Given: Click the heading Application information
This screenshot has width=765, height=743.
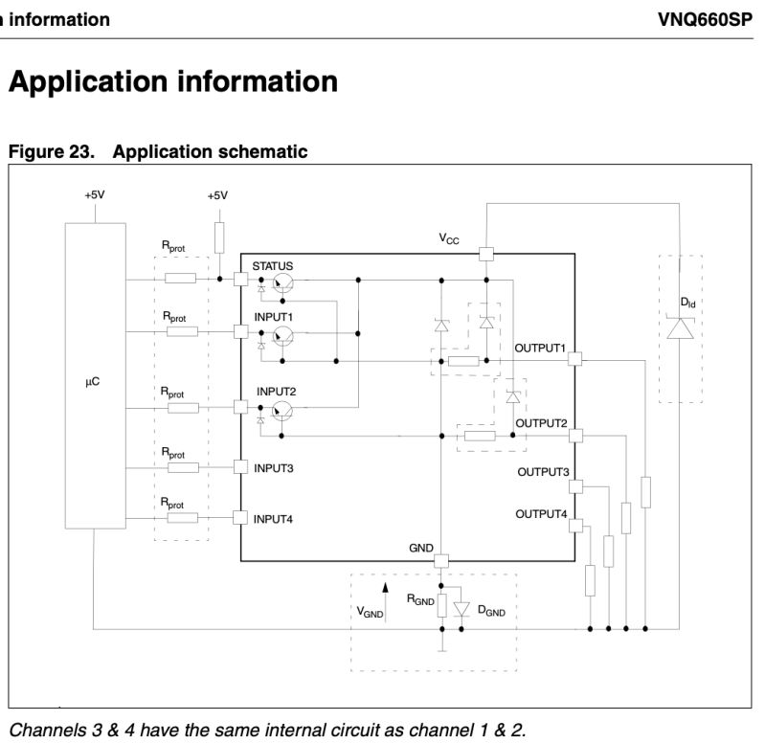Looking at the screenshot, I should coord(173,81).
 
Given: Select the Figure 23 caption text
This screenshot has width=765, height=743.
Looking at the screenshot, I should coord(158,151).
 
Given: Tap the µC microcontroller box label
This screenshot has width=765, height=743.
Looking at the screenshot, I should coord(93,381).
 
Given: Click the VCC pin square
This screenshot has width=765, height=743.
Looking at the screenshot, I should coord(485,254).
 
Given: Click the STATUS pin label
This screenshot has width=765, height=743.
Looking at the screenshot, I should coord(273,265).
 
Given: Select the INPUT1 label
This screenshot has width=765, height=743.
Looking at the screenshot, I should coord(274,316).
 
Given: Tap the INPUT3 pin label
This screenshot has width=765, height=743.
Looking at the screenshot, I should coord(274,468).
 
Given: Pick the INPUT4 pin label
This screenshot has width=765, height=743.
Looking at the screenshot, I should coord(274,519).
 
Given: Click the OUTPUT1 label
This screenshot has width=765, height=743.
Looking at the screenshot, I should coord(541,347).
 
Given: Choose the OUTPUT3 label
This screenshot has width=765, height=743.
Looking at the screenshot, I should coord(543,472).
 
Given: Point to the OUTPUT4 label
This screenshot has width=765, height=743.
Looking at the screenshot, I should coord(541,514).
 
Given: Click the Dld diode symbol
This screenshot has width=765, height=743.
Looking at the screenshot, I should coord(681,328).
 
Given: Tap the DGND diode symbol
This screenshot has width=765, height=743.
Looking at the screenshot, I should coord(461,609).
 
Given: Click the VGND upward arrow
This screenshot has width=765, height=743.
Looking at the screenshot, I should coord(387,589).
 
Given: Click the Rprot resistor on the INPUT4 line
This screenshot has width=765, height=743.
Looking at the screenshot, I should coord(181,518).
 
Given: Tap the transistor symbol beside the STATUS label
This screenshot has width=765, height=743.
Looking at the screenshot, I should coord(282,282).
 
